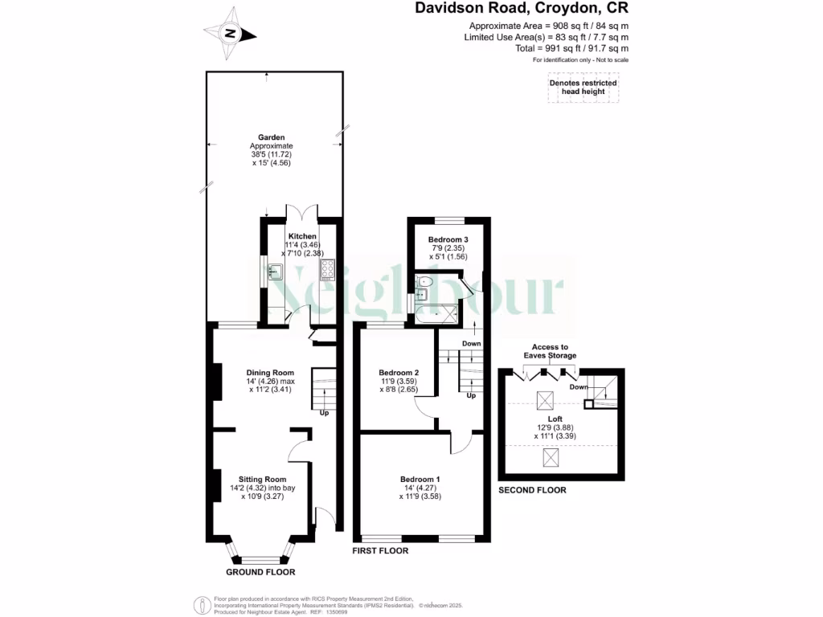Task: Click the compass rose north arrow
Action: click(x=231, y=34)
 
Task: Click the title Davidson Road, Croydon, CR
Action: click(x=522, y=9)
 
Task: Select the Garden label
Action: click(x=271, y=137)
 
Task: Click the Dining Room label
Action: click(x=270, y=373)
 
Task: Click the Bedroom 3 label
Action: click(x=448, y=240)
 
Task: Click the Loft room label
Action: click(x=555, y=419)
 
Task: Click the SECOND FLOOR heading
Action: click(x=532, y=490)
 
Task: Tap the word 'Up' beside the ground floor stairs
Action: click(x=325, y=414)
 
